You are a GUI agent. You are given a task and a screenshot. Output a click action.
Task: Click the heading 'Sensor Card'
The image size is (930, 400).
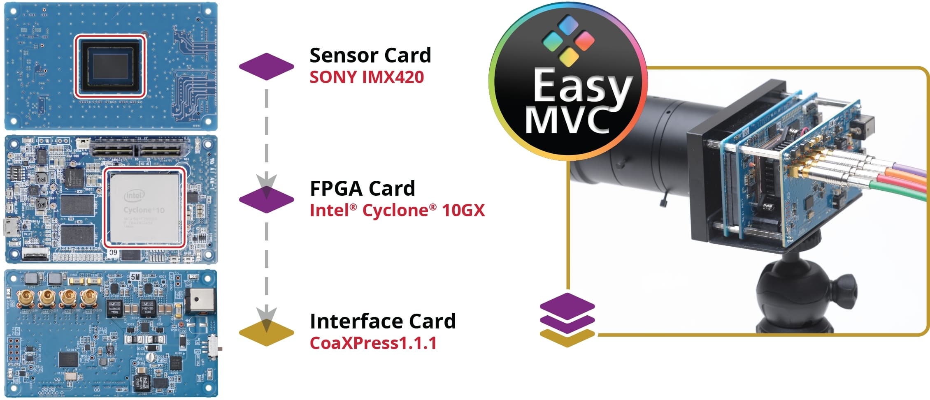pyautogui.click(x=370, y=55)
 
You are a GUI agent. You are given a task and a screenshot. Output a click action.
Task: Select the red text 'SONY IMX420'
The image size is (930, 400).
pyautogui.click(x=367, y=77)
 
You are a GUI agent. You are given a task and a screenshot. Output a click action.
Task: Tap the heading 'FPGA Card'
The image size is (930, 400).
pyautogui.click(x=362, y=189)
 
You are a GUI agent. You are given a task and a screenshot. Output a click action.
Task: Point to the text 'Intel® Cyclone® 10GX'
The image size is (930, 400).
pyautogui.click(x=397, y=210)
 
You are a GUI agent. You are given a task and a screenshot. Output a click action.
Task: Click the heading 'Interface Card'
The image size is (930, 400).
pyautogui.click(x=383, y=321)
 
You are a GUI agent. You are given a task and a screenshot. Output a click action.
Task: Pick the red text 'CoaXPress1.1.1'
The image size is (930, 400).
pyautogui.click(x=373, y=343)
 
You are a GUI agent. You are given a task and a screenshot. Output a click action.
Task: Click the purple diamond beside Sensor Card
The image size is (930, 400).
pyautogui.click(x=266, y=66)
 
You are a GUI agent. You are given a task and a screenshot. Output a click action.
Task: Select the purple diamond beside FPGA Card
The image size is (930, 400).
pyautogui.click(x=266, y=199)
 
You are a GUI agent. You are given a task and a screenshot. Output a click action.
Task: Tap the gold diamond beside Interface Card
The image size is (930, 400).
pyautogui.click(x=266, y=333)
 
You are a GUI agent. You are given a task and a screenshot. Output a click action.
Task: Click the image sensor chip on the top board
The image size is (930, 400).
pyautogui.click(x=110, y=67)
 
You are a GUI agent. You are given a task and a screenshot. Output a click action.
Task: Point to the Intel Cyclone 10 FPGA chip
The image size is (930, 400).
pyautogui.click(x=144, y=208)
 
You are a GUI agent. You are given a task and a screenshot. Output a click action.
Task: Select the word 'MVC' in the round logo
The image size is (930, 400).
pyautogui.click(x=568, y=120)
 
